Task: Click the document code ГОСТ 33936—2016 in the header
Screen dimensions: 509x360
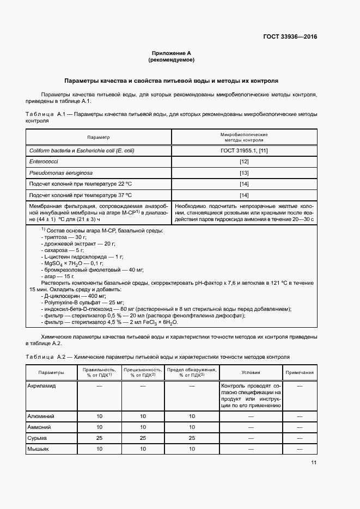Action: coord(290,37)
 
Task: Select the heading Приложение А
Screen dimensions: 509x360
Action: coord(172,53)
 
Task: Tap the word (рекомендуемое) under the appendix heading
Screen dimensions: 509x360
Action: coord(172,59)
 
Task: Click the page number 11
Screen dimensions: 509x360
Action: coord(314,463)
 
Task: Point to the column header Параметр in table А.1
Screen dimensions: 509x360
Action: coord(98,137)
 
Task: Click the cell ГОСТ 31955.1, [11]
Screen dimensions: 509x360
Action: coord(244,150)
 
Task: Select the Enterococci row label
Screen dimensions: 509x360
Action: coord(43,162)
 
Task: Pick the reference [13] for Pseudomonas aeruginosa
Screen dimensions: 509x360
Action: coord(244,173)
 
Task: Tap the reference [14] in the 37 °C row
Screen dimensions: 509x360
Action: coord(244,195)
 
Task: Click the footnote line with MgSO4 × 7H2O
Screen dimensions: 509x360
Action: coord(68,263)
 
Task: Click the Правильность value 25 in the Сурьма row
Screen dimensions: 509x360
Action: coord(100,438)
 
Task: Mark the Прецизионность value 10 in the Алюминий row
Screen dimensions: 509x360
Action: coord(143,416)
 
